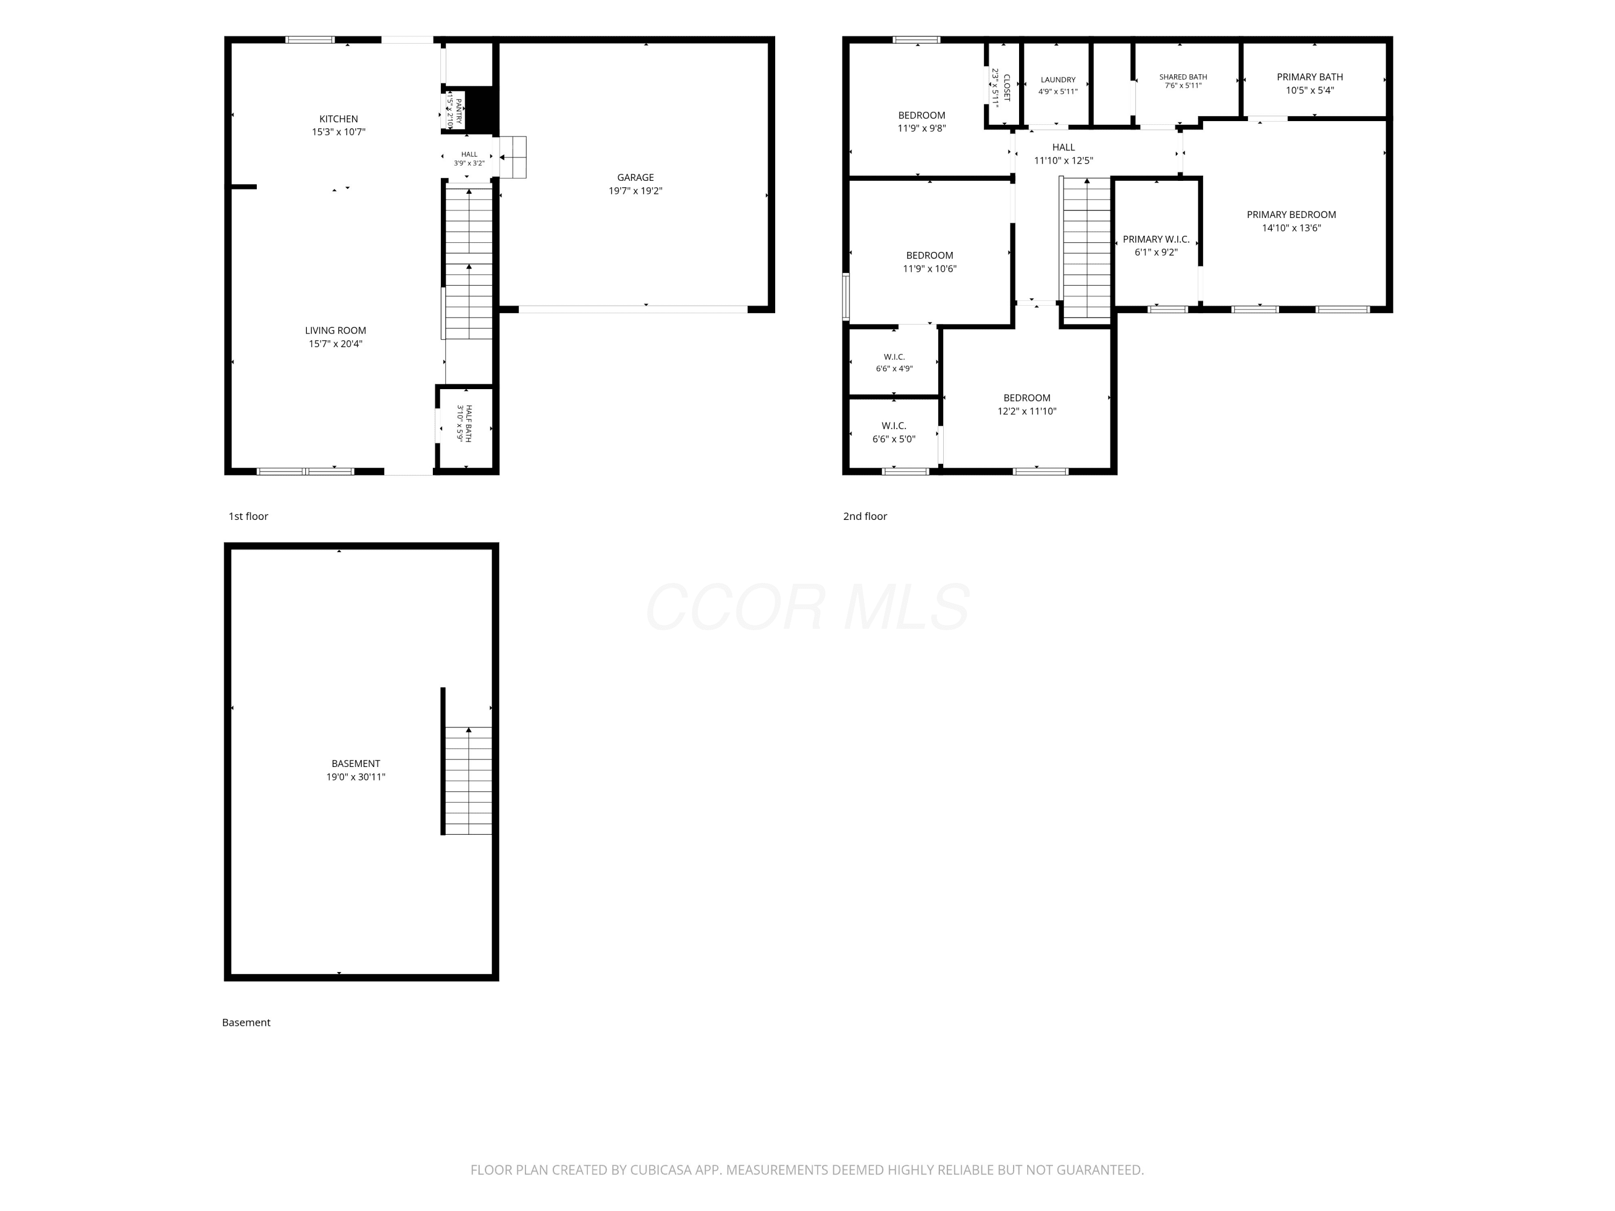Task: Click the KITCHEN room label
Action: tap(339, 119)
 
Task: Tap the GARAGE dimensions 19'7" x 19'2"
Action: tap(635, 191)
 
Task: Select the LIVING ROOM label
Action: tap(336, 330)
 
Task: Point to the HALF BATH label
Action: tap(468, 424)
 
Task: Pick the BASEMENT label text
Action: tap(355, 764)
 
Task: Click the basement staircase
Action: tap(468, 780)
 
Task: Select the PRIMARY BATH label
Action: tap(1310, 76)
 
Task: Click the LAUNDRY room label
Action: tap(1058, 80)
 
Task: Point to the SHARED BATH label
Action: tap(1183, 76)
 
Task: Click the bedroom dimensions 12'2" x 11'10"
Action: tap(1027, 412)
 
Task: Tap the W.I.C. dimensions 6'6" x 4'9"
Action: tap(894, 369)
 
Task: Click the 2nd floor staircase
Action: tap(1086, 248)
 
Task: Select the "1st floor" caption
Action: tap(248, 516)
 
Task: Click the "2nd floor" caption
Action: tap(865, 516)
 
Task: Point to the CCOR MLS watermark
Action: tap(807, 607)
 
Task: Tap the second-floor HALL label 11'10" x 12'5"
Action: tap(1063, 154)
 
